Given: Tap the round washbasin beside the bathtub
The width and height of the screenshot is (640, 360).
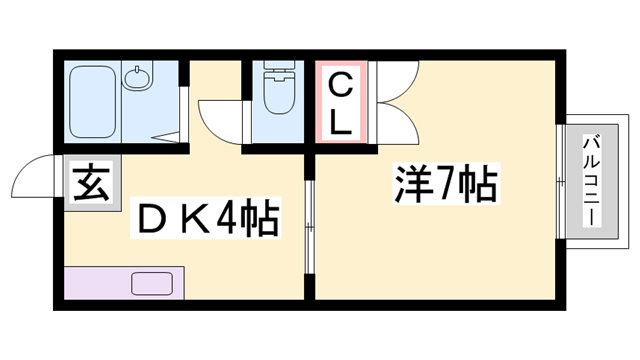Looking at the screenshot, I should click(x=137, y=77).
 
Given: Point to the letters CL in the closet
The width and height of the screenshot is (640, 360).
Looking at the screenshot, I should click(x=341, y=103).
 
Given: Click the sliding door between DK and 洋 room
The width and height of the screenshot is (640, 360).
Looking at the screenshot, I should click(x=309, y=226).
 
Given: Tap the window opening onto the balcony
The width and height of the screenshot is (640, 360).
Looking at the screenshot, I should click(x=559, y=180).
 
